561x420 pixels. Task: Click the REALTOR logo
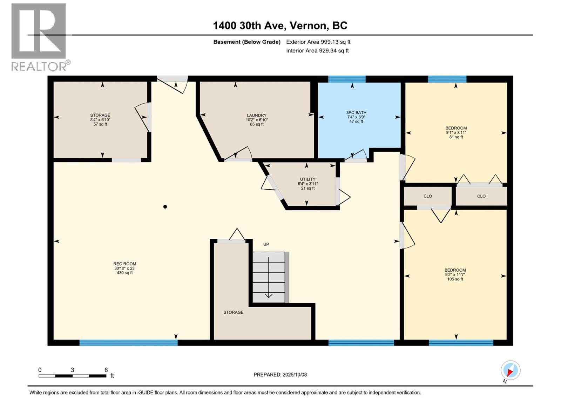coord(39,37)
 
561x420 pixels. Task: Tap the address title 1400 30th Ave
coord(280,26)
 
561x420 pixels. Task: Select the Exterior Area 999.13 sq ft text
coord(318,42)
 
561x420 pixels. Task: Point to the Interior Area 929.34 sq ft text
coord(317,51)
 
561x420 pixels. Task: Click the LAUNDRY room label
coord(257,120)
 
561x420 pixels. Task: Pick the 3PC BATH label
coord(356,117)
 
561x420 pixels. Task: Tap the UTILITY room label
coord(307,183)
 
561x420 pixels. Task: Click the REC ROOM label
coord(124,268)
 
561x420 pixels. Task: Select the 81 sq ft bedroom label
coord(456,132)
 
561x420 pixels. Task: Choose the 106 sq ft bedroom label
coord(455,274)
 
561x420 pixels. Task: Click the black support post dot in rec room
coord(165,206)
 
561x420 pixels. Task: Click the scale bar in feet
coord(73,376)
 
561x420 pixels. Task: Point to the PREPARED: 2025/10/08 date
coord(280,374)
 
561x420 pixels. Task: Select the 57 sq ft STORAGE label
coord(100,120)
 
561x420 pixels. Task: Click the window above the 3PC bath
coord(346,79)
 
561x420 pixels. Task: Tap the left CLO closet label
coord(428,196)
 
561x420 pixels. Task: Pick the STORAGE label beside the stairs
coord(234,312)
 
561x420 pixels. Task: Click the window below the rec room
coord(128,343)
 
